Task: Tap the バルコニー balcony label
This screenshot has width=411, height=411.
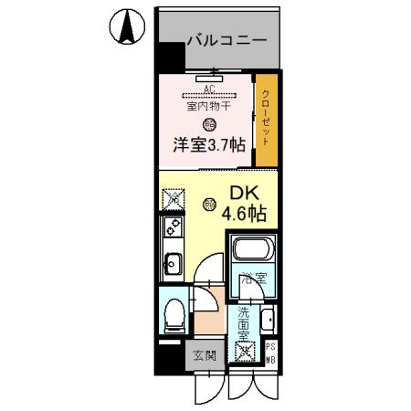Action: tap(227, 40)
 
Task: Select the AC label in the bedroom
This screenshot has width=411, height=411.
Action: tap(209, 89)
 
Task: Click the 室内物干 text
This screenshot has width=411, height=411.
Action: tap(209, 106)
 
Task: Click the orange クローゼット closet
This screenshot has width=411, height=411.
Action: tap(265, 119)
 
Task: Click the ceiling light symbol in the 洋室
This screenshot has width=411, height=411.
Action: tap(210, 125)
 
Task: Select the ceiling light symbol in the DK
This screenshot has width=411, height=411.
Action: tap(210, 203)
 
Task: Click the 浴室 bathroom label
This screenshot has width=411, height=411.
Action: tap(252, 278)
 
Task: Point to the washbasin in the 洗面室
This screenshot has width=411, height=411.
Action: tap(267, 321)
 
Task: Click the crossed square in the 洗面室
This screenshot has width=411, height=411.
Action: tap(244, 350)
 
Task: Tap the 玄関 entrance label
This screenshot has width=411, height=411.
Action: tap(205, 355)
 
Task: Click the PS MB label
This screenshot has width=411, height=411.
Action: tap(271, 352)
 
